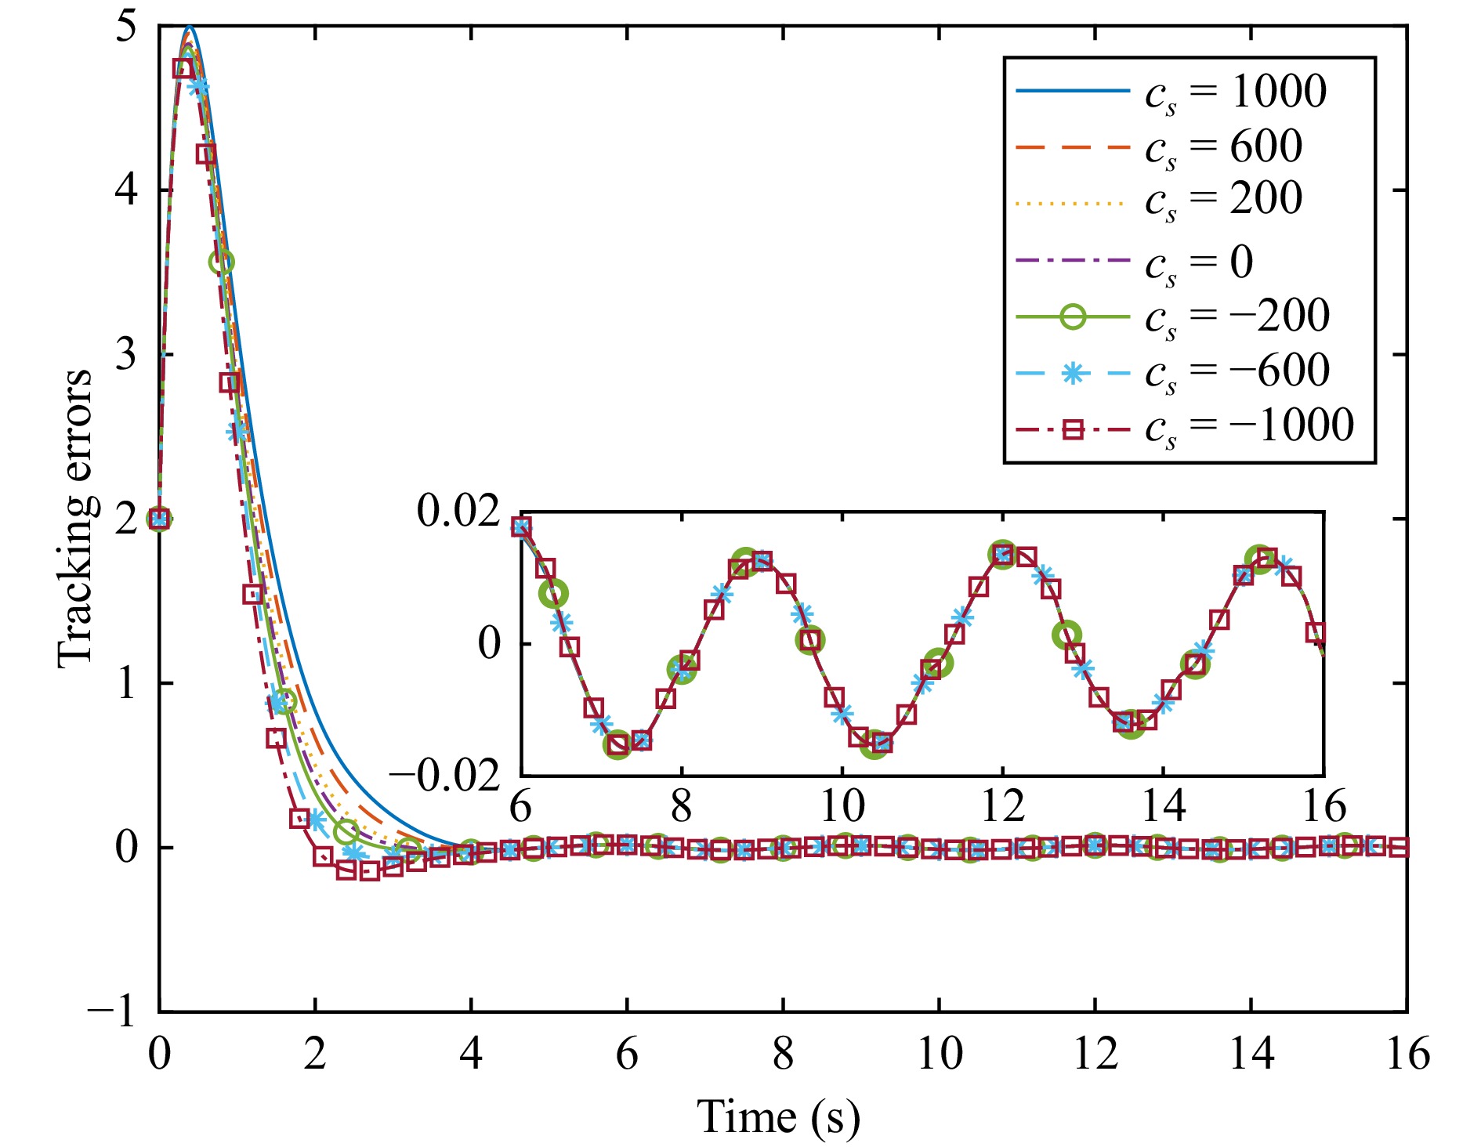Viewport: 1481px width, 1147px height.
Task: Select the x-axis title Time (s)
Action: [x=778, y=1116]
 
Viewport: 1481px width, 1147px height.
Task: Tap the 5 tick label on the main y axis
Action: [x=125, y=27]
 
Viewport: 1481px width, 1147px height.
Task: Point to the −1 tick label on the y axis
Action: [x=113, y=1011]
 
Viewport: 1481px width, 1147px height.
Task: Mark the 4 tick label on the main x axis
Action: [x=471, y=1054]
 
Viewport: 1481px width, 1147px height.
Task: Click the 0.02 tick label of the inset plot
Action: [x=458, y=512]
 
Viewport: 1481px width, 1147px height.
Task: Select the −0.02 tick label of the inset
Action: [x=444, y=776]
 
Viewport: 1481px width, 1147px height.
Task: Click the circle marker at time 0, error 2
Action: [x=159, y=519]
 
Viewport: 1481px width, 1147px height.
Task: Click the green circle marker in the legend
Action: [x=1073, y=317]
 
